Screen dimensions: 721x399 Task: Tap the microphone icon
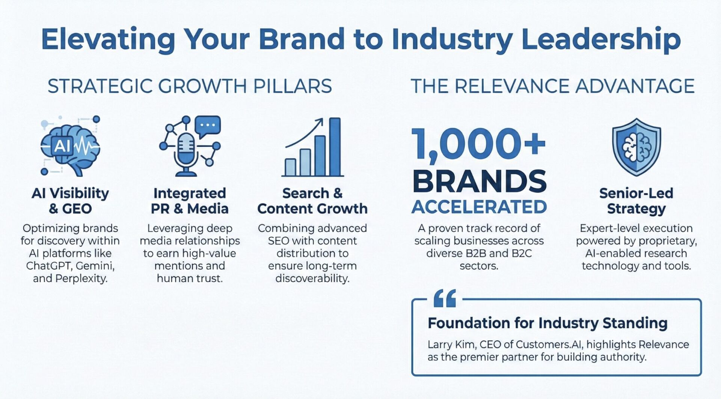pos(186,154)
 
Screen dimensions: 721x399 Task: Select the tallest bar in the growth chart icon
pos(335,147)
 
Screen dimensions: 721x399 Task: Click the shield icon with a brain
pos(637,147)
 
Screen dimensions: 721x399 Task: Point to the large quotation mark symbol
pos(445,299)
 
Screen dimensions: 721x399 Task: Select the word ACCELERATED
pos(479,207)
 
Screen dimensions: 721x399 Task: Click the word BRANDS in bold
pos(480,181)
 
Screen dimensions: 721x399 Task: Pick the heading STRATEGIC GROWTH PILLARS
pos(190,86)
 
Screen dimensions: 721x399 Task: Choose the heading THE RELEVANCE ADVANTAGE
pos(552,86)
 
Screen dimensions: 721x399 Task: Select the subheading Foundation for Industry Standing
pos(548,323)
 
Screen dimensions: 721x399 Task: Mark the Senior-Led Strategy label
pos(636,201)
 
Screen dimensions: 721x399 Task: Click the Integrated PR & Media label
pos(190,201)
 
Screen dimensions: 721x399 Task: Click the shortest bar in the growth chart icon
pos(290,167)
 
